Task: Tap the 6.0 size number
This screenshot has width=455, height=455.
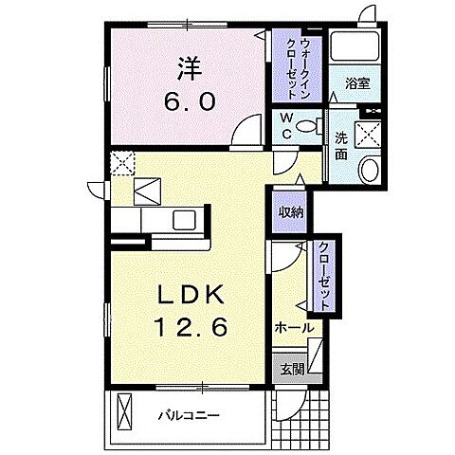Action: [x=190, y=102]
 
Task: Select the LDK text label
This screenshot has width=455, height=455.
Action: [x=191, y=295]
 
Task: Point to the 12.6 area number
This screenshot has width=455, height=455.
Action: [x=191, y=326]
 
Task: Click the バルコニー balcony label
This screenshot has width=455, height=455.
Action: [x=189, y=415]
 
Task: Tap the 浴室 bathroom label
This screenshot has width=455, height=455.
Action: [x=357, y=83]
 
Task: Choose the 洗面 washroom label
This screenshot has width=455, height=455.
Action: [x=341, y=146]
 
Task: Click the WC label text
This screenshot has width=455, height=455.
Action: [x=286, y=126]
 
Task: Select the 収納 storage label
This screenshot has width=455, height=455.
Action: [x=291, y=212]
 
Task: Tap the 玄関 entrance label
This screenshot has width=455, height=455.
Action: [x=293, y=369]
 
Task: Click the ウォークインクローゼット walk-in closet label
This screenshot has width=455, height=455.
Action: [x=297, y=67]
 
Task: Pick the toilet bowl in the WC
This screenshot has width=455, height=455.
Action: [x=309, y=126]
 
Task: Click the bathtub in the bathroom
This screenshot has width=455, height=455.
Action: [x=355, y=46]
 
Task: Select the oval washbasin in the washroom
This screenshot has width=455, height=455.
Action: [x=369, y=170]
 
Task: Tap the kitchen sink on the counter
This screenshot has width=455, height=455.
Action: [x=184, y=220]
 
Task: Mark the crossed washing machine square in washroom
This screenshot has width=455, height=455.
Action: [x=368, y=135]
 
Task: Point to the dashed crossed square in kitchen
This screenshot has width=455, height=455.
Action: [x=122, y=163]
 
